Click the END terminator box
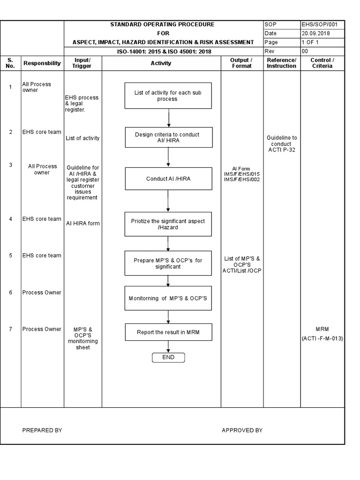pyautogui.click(x=168, y=358)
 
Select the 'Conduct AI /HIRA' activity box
pyautogui.click(x=168, y=179)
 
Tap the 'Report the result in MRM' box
pyautogui.click(x=168, y=332)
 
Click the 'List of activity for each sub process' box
pyautogui.click(x=168, y=96)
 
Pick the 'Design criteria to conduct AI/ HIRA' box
pyautogui.click(x=168, y=137)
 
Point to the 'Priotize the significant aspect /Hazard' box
pyautogui.click(x=168, y=224)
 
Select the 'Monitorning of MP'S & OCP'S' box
pyautogui.click(x=168, y=298)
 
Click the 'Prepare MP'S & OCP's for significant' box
pyautogui.click(x=168, y=263)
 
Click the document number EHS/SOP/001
pyautogui.click(x=323, y=25)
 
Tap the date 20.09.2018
pyautogui.click(x=316, y=33)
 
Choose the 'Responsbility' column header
pyautogui.click(x=42, y=63)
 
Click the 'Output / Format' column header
pyautogui.click(x=242, y=63)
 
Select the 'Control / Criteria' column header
pyautogui.click(x=322, y=63)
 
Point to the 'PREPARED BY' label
pyautogui.click(x=42, y=430)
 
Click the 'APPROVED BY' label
pyautogui.click(x=242, y=430)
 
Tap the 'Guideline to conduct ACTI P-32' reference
pyautogui.click(x=282, y=144)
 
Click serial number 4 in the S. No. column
pyautogui.click(x=10, y=219)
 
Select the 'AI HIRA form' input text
pyautogui.click(x=83, y=224)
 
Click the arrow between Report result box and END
pyautogui.click(x=168, y=347)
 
